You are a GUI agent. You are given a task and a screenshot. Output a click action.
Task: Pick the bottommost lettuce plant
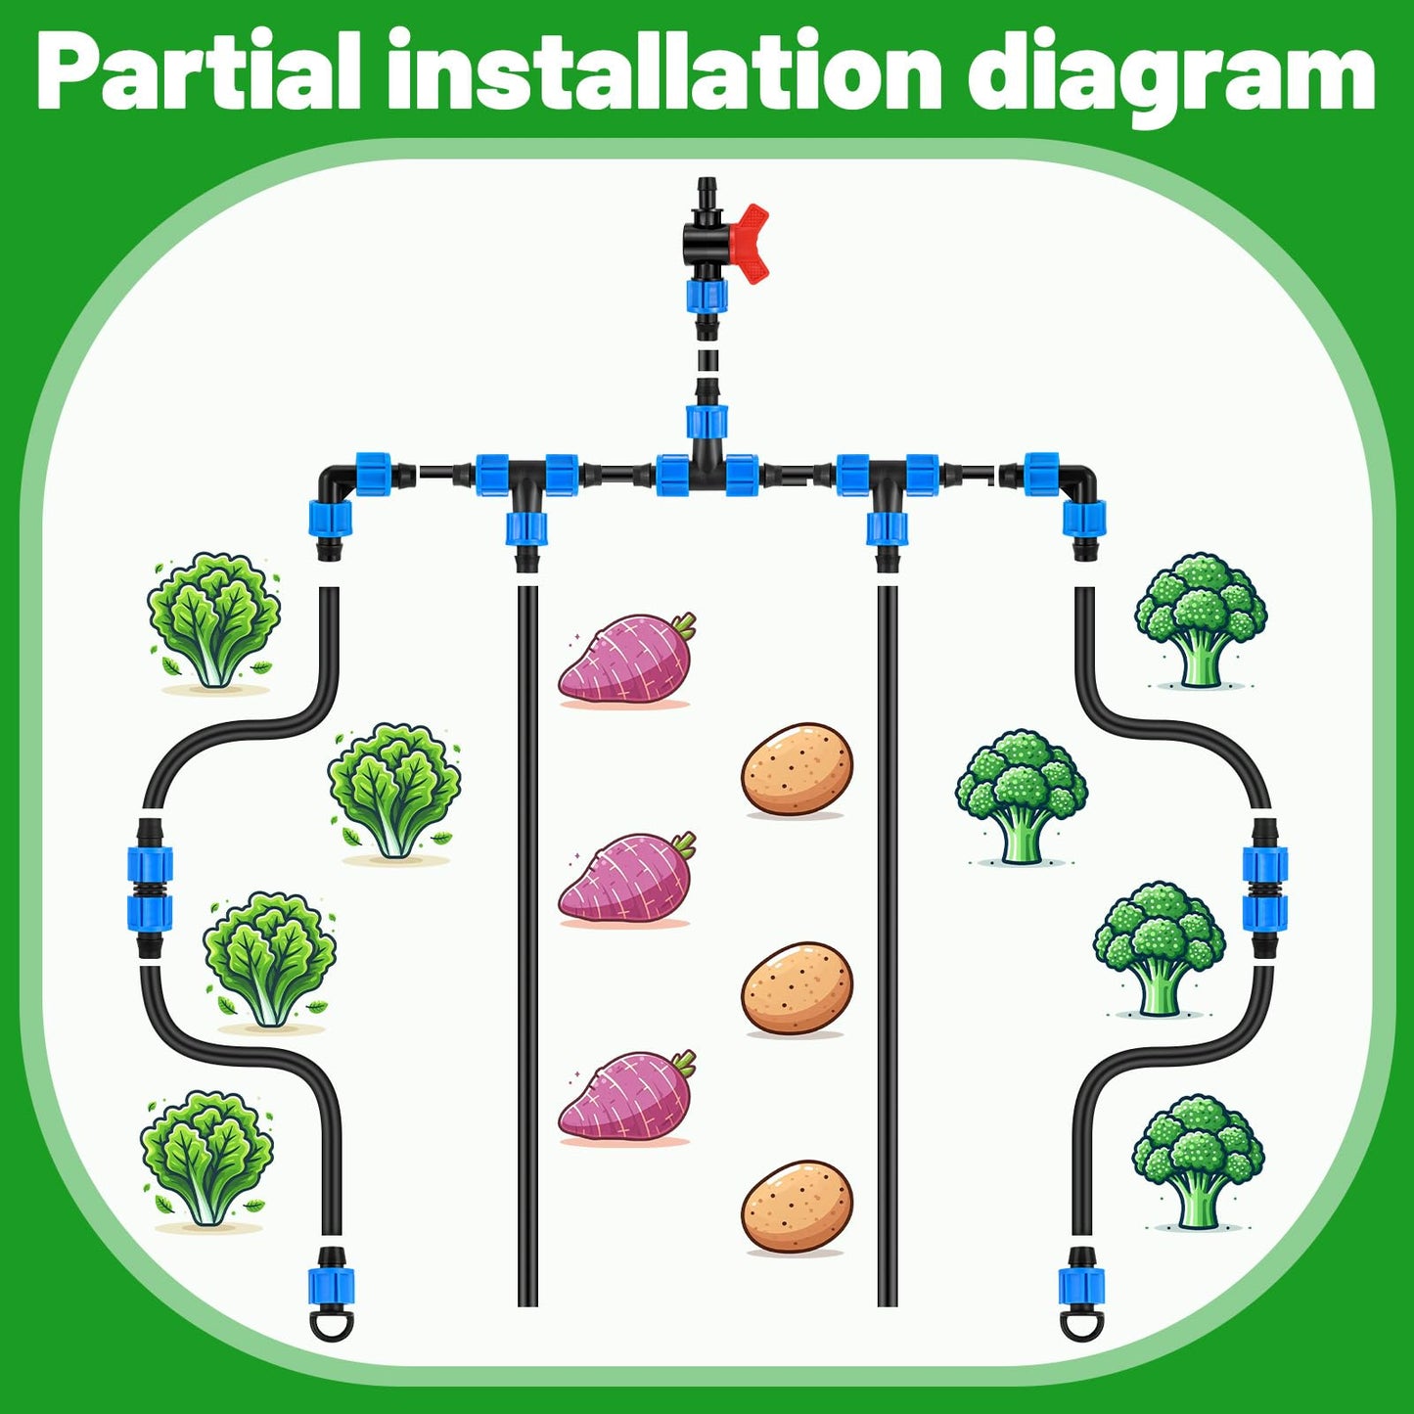(206, 1161)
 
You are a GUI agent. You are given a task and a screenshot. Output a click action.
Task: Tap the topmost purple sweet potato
(626, 659)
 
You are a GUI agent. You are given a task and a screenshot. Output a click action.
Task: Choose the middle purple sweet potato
(626, 879)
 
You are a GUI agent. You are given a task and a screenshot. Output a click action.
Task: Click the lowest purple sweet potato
(626, 1098)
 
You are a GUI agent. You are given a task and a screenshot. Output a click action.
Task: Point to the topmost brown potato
(797, 769)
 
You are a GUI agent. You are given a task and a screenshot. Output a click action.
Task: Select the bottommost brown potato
(797, 1208)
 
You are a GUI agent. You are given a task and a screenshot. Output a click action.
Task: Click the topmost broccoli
(1201, 620)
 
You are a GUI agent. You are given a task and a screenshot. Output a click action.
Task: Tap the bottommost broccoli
(1198, 1163)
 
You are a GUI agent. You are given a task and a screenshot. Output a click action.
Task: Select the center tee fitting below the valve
(707, 462)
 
